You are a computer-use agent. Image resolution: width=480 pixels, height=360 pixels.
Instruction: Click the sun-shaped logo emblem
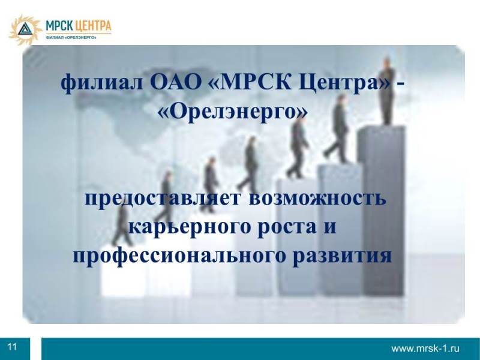click(x=25, y=29)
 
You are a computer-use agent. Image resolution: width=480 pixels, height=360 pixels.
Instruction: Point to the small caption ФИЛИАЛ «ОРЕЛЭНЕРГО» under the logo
click(x=71, y=37)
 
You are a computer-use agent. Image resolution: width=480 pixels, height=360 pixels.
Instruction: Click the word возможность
click(x=317, y=199)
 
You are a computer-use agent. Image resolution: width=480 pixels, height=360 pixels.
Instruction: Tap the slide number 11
click(x=12, y=347)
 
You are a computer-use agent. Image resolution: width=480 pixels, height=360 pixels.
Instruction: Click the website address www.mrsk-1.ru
click(x=425, y=349)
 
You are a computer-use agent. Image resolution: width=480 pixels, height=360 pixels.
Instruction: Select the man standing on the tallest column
click(x=387, y=91)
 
